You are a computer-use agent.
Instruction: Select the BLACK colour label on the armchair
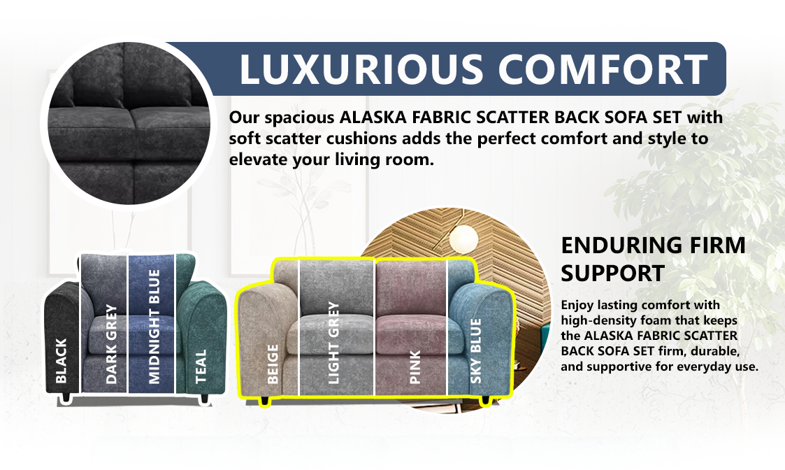[62, 361]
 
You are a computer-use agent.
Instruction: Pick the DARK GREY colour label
[111, 344]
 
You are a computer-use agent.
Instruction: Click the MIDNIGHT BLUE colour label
[154, 327]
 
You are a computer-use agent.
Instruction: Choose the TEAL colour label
[201, 366]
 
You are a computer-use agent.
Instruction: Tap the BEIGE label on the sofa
[273, 364]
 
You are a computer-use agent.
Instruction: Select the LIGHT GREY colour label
[333, 343]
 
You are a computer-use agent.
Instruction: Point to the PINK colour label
[415, 367]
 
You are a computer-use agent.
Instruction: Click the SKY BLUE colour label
[476, 350]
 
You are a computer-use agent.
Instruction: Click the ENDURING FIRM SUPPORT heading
[653, 259]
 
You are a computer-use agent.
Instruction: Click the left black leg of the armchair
[66, 398]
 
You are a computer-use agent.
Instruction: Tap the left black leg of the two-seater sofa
[266, 401]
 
